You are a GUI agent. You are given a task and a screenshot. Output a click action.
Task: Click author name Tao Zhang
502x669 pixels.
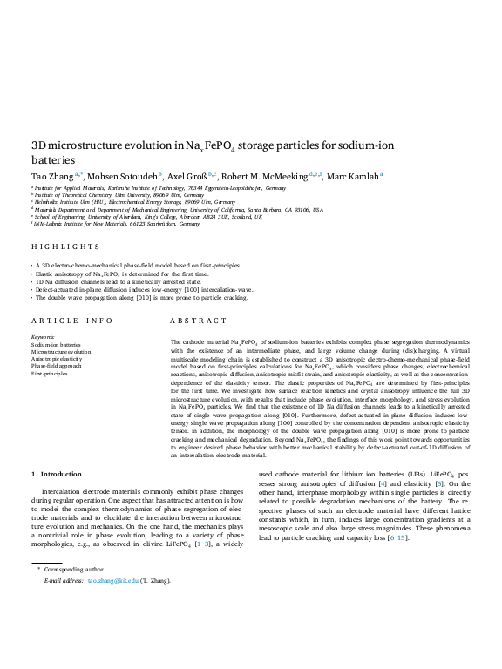[51, 175]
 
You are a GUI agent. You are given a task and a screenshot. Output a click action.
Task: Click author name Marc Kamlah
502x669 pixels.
[351, 175]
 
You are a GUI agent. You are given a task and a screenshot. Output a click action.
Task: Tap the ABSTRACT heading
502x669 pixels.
[198, 321]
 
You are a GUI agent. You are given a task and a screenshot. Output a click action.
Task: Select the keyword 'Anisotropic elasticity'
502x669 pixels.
[57, 359]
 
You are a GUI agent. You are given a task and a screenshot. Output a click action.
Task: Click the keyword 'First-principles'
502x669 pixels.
[49, 374]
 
